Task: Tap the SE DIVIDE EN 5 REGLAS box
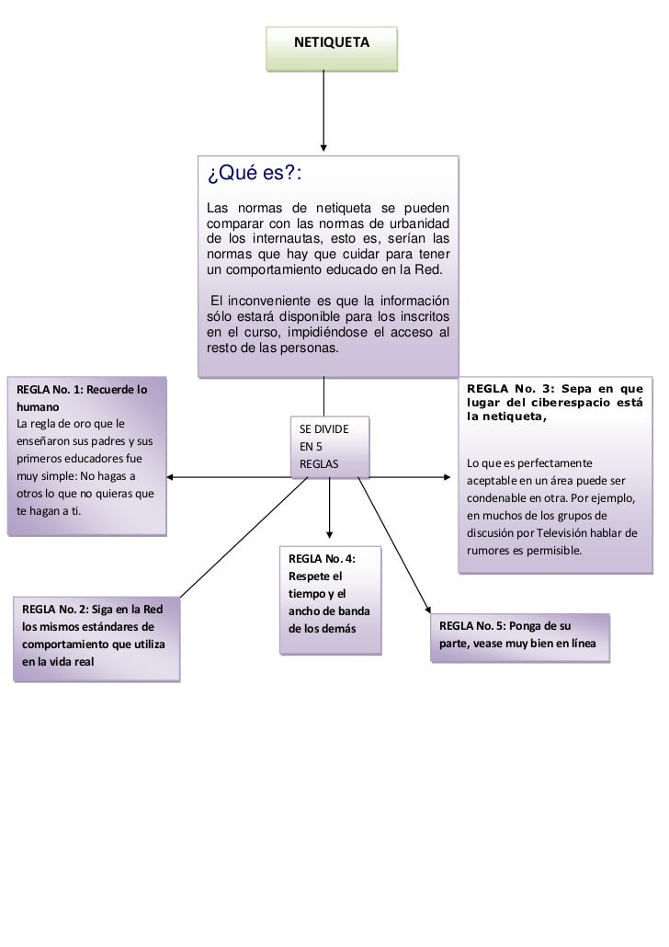click(x=330, y=447)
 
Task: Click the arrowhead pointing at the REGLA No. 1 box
click(x=172, y=476)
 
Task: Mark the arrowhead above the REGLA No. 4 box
click(x=330, y=535)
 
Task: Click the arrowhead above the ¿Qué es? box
click(x=323, y=147)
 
